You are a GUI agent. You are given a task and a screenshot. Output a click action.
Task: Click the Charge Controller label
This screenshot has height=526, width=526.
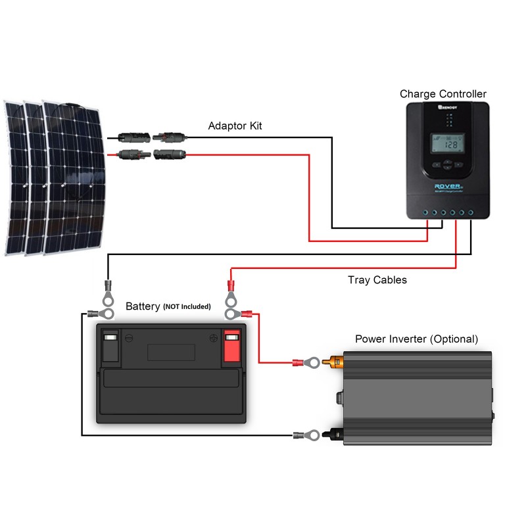[443, 94]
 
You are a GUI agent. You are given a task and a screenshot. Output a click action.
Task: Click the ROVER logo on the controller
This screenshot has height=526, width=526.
[447, 186]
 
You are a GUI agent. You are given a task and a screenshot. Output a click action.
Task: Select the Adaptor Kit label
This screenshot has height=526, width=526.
[235, 126]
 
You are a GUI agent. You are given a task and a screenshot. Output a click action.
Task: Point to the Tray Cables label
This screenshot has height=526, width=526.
[377, 280]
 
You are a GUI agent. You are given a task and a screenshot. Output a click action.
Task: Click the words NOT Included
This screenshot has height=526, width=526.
[187, 307]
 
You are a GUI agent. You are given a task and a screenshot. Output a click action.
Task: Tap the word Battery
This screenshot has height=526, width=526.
[143, 306]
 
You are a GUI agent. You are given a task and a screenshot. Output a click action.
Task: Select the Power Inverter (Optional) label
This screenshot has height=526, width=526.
[417, 339]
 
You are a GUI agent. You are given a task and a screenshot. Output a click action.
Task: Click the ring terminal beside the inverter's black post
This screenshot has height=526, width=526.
[307, 435]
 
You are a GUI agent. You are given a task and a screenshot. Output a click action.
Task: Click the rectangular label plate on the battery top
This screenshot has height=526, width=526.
[167, 350]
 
